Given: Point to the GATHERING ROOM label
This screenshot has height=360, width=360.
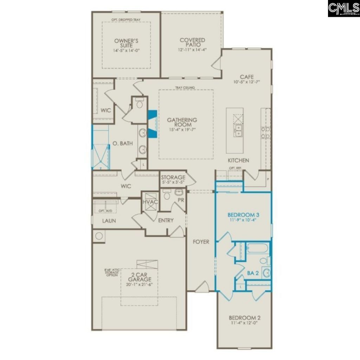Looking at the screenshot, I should click(x=182, y=122).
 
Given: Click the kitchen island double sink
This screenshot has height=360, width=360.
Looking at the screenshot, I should click(x=238, y=130).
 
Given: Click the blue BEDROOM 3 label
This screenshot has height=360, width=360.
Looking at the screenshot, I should click(x=243, y=214).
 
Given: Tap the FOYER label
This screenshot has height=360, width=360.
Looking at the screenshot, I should click(x=201, y=242).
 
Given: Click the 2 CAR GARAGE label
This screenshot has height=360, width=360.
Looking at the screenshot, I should click(x=139, y=277).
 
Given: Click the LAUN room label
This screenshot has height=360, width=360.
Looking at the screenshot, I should click(x=109, y=221).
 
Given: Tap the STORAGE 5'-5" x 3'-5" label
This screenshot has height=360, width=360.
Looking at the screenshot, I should click(x=173, y=180).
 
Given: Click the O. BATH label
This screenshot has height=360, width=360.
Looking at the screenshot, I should click(x=120, y=143).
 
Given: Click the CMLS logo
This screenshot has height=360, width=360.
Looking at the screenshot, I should click(x=343, y=8).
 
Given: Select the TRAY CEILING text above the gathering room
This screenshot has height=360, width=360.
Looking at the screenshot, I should click(x=185, y=88).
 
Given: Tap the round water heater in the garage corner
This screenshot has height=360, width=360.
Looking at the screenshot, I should click(x=99, y=236).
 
